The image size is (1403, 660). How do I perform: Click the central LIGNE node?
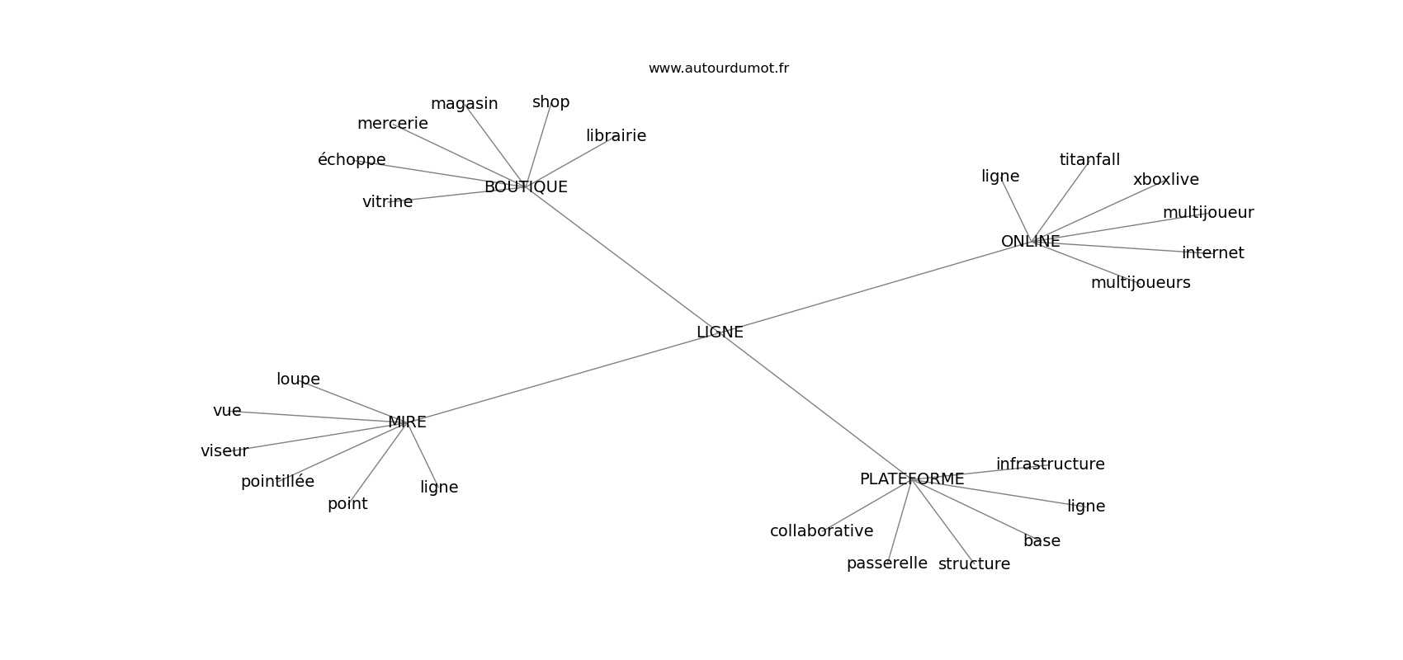pyautogui.click(x=720, y=332)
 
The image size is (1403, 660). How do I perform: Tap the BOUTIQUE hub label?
pyautogui.click(x=526, y=187)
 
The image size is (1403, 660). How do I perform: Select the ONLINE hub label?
pyautogui.click(x=1030, y=242)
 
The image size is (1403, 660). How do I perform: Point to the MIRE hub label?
pyautogui.click(x=407, y=422)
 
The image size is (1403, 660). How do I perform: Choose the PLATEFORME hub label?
pyautogui.click(x=911, y=479)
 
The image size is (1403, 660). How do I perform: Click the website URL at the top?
pyautogui.click(x=718, y=68)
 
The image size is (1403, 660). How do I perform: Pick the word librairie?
pyautogui.click(x=616, y=136)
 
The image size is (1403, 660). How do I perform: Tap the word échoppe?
pyautogui.click(x=352, y=160)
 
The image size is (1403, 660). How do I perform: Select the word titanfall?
pyautogui.click(x=1089, y=160)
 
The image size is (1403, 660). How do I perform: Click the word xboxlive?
pyautogui.click(x=1165, y=180)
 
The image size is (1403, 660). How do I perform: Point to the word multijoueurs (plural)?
pyautogui.click(x=1140, y=283)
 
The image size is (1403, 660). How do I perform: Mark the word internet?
pyautogui.click(x=1212, y=253)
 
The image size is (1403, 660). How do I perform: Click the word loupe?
pyautogui.click(x=298, y=379)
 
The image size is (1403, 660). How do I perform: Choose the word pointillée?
pyautogui.click(x=277, y=482)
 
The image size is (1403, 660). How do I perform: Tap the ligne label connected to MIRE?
pyautogui.click(x=439, y=488)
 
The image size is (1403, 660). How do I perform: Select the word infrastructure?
pyautogui.click(x=1050, y=464)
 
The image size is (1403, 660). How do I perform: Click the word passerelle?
pyautogui.click(x=886, y=563)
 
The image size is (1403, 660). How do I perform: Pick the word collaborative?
pyautogui.click(x=821, y=531)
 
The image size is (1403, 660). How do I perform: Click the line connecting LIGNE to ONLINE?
pyautogui.click(x=875, y=287)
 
